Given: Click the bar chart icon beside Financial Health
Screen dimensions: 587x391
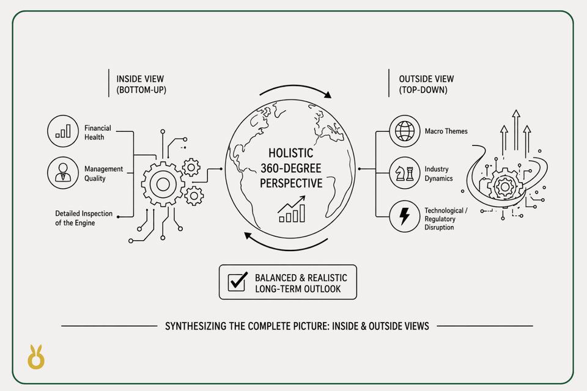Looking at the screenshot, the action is point(63,131).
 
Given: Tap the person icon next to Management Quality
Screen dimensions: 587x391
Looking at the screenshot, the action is point(63,173).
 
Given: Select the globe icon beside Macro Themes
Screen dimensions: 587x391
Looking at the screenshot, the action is point(405,131).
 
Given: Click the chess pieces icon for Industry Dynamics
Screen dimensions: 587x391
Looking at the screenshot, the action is point(405,174).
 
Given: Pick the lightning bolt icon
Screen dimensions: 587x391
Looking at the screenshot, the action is point(405,216).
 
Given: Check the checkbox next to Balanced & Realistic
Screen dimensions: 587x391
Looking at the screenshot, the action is point(237,282).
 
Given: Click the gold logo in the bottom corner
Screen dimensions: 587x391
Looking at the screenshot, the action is point(36,357).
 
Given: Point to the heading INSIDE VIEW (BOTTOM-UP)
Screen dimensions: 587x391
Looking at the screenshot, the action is point(141,84).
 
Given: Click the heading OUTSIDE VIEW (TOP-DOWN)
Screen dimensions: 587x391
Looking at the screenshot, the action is point(426,84).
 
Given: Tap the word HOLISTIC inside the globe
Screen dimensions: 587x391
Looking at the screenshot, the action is point(291,153).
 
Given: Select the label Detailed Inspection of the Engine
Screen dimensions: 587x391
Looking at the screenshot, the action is point(84,218).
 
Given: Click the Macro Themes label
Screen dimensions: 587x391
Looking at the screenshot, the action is point(446,131).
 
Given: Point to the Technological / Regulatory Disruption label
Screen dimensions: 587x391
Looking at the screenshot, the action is point(446,219).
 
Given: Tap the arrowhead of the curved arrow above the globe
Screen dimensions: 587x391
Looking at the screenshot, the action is point(328,95).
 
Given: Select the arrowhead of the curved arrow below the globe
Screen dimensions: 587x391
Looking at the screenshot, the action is point(248,236).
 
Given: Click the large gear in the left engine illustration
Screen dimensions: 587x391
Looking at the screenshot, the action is point(163,184).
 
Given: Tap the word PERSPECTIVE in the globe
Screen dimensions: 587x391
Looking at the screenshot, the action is point(291,183).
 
